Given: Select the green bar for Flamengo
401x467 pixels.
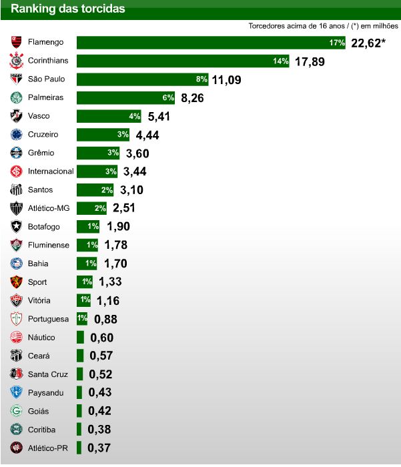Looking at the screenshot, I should click(x=211, y=43).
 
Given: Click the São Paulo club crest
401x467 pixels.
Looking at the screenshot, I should click(x=16, y=79).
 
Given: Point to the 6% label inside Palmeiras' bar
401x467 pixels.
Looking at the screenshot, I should click(x=168, y=98).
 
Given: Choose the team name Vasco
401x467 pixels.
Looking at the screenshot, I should click(x=39, y=116).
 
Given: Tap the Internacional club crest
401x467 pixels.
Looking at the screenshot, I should click(x=16, y=171).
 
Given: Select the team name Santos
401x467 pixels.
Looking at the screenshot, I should click(x=41, y=190).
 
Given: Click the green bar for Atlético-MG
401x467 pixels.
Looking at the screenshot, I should click(x=92, y=208).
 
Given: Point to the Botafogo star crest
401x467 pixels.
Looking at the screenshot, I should click(x=16, y=227).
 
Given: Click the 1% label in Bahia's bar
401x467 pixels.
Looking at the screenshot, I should click(x=91, y=264).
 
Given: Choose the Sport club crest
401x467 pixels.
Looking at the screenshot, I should click(x=16, y=282).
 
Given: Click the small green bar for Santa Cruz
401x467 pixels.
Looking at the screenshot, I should click(x=80, y=374).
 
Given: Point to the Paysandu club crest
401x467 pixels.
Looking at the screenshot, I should click(x=16, y=392).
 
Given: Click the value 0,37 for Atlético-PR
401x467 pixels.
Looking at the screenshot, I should click(x=99, y=448).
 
